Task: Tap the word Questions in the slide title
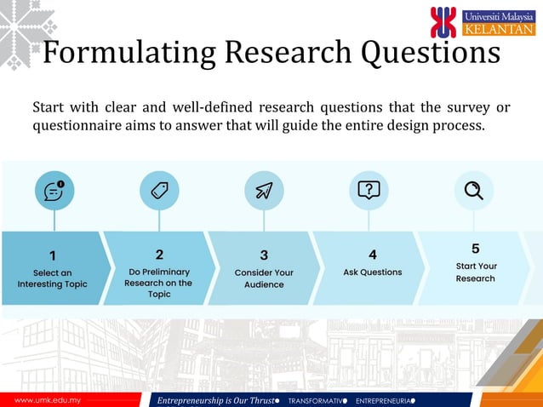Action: [430, 53]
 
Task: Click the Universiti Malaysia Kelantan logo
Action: [483, 22]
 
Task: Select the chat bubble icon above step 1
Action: [54, 191]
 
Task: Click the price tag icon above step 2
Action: [159, 191]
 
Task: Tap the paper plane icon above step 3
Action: [264, 191]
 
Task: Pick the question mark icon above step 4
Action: [369, 190]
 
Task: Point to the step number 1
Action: [53, 255]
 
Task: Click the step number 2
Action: [159, 254]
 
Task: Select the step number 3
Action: [264, 255]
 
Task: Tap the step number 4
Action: [372, 254]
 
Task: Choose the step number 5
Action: [475, 249]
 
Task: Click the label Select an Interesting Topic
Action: [53, 278]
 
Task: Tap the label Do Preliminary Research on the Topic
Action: [159, 283]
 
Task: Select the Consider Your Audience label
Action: [264, 278]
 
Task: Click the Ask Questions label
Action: [372, 272]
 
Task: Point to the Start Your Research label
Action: [476, 272]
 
